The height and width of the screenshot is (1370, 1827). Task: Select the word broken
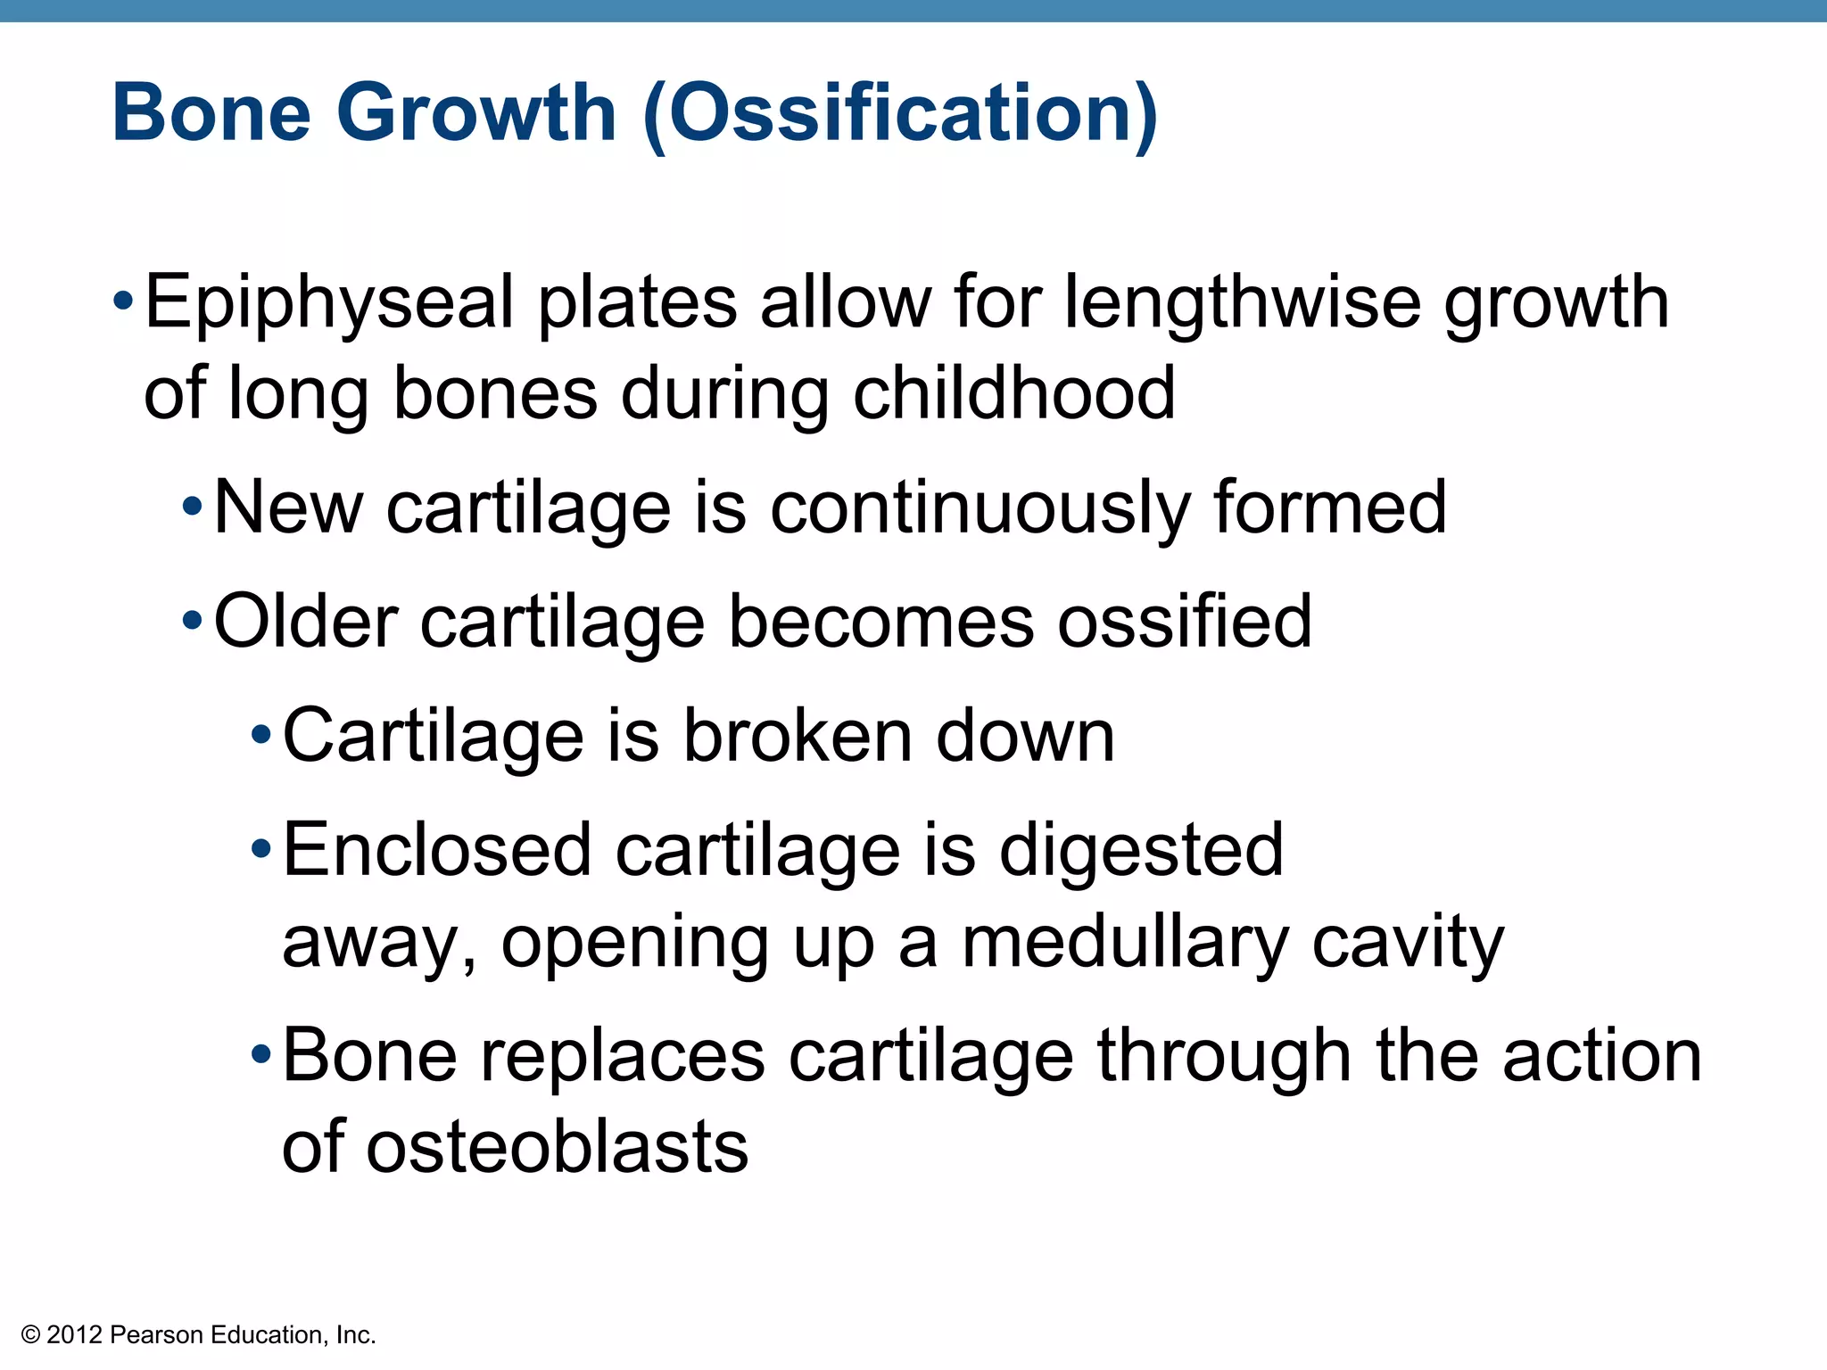[x=798, y=737]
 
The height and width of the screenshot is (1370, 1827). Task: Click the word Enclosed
[x=437, y=850]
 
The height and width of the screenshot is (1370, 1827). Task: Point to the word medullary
[x=1125, y=945]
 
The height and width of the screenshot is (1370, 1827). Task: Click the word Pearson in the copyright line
[x=158, y=1335]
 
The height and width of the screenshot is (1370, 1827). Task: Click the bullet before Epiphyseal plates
[x=123, y=301]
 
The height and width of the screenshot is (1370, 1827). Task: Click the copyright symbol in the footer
[x=31, y=1335]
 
